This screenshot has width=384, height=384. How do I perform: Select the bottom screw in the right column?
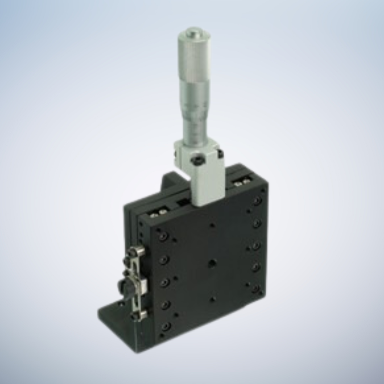(257, 288)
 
